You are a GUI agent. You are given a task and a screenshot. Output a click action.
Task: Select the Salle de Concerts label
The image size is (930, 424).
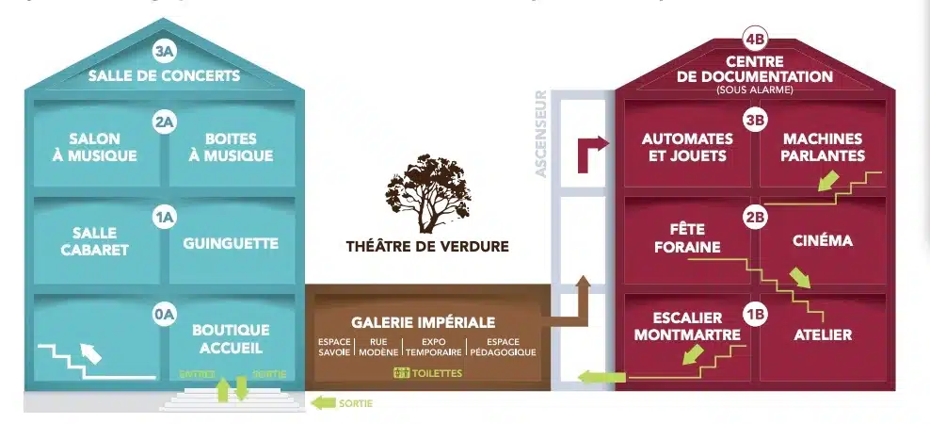(x=165, y=75)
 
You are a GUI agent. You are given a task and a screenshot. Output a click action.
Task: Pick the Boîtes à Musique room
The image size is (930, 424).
(x=231, y=148)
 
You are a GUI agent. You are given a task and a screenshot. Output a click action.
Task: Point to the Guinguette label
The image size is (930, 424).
(x=231, y=243)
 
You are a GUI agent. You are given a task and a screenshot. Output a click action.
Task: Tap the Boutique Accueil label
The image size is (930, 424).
(x=231, y=337)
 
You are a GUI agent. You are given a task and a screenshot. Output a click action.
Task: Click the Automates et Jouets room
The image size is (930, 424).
(x=687, y=147)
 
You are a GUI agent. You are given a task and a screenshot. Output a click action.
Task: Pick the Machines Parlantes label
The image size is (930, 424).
(x=823, y=147)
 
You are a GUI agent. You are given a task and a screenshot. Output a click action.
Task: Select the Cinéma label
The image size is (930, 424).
(x=823, y=241)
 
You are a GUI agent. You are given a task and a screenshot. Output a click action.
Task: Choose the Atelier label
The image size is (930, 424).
(x=823, y=334)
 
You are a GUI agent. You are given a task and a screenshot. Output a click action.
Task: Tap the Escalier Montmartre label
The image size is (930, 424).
(x=687, y=326)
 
